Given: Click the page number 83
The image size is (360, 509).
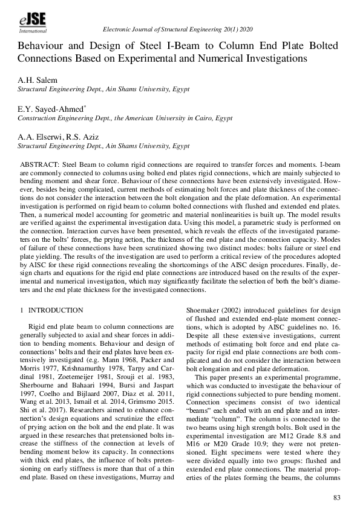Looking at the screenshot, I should click(337, 498).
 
